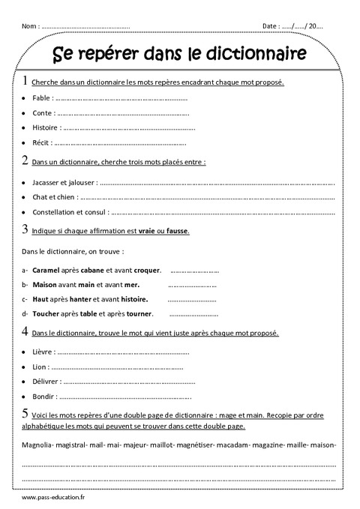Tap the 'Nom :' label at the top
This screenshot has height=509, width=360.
click(x=31, y=26)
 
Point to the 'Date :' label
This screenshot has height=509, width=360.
click(x=271, y=26)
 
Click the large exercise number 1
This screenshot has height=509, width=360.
click(x=27, y=81)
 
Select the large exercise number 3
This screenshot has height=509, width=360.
click(x=26, y=230)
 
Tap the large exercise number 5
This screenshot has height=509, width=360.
click(x=26, y=412)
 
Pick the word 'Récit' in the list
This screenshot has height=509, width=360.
click(x=42, y=142)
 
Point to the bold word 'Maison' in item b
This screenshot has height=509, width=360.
click(x=46, y=284)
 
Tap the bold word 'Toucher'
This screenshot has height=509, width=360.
click(x=48, y=313)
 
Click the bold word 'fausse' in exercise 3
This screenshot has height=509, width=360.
click(x=176, y=232)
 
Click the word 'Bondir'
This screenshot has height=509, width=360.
click(x=44, y=397)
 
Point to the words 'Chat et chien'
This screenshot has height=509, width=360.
click(x=54, y=198)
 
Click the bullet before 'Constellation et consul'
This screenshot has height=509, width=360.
click(x=25, y=213)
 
